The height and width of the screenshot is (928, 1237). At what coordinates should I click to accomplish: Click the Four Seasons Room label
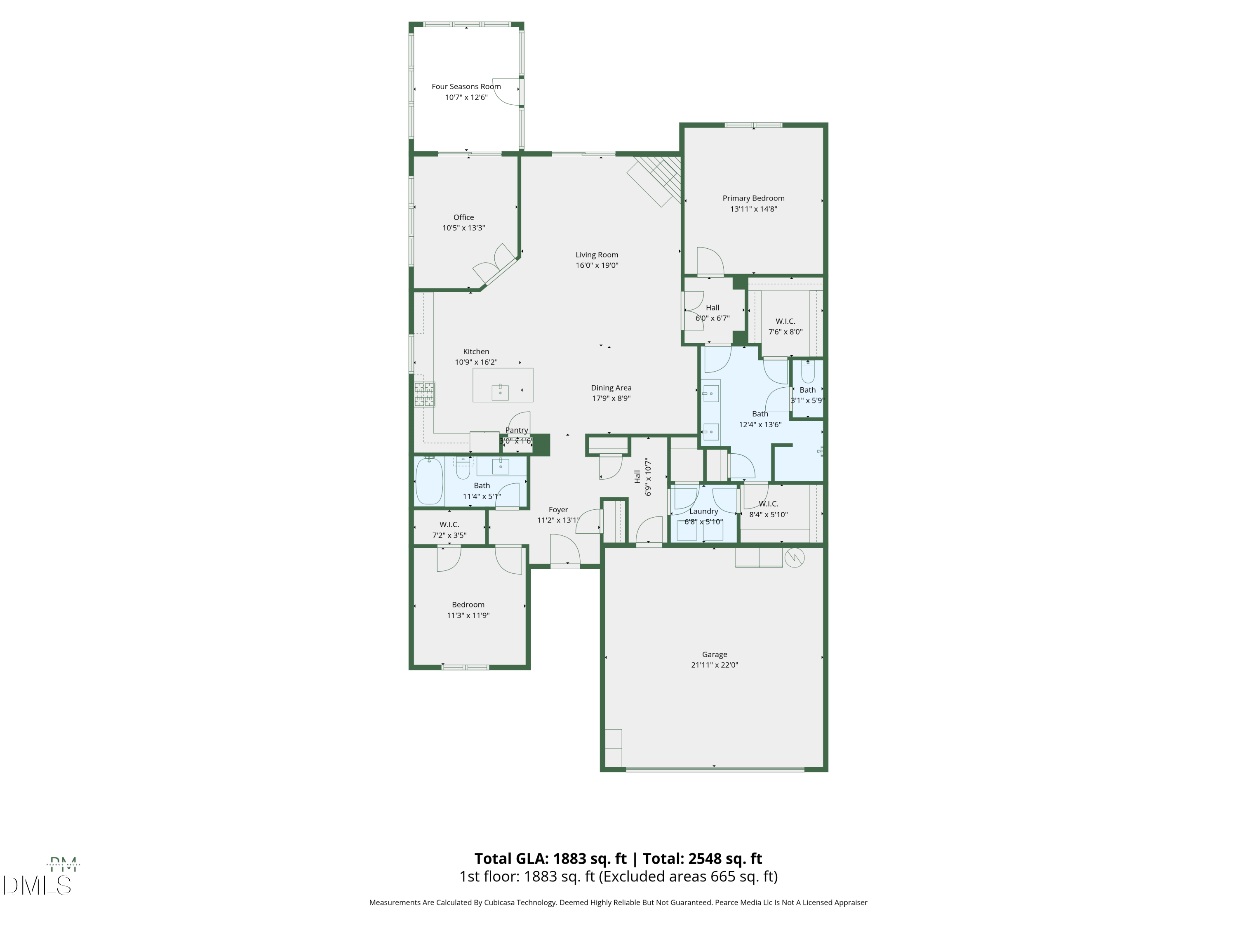pyautogui.click(x=466, y=87)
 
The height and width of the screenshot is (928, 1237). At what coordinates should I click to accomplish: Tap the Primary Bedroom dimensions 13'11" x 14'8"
pyautogui.click(x=753, y=209)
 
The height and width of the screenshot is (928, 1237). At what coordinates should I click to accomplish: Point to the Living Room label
pyautogui.click(x=597, y=255)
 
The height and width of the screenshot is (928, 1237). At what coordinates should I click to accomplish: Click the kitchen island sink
pyautogui.click(x=500, y=392)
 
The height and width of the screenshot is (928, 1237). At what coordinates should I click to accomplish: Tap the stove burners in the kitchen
pyautogui.click(x=424, y=394)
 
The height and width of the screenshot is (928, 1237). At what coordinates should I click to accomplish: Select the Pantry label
pyautogui.click(x=516, y=430)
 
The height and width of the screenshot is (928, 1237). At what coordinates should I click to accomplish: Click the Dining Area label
pyautogui.click(x=611, y=388)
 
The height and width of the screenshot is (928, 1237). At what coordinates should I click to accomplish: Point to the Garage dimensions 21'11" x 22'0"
pyautogui.click(x=714, y=665)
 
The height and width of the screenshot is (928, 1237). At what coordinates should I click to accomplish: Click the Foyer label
pyautogui.click(x=558, y=510)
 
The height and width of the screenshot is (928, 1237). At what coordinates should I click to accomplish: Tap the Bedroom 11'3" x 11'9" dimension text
pyautogui.click(x=468, y=615)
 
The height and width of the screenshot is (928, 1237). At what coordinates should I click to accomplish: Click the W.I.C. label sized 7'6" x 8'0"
pyautogui.click(x=785, y=321)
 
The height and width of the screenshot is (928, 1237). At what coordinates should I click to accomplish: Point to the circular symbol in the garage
pyautogui.click(x=795, y=557)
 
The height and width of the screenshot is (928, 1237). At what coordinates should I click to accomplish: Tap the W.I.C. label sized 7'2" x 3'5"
pyautogui.click(x=449, y=525)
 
